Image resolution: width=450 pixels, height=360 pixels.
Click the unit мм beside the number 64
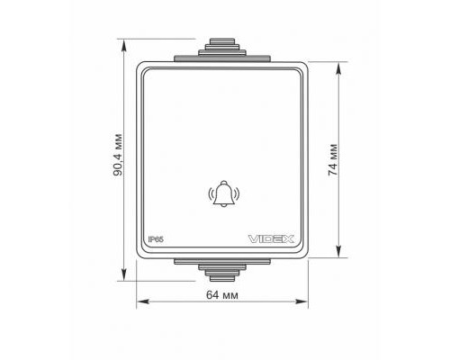(231, 295)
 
